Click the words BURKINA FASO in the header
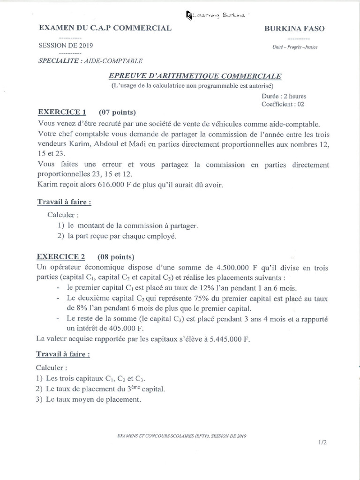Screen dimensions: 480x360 click(294, 29)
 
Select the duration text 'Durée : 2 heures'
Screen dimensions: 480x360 click(284, 96)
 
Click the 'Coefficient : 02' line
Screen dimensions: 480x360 click(283, 104)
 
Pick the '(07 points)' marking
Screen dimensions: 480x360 click(117, 112)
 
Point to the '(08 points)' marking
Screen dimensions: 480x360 click(116, 257)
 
